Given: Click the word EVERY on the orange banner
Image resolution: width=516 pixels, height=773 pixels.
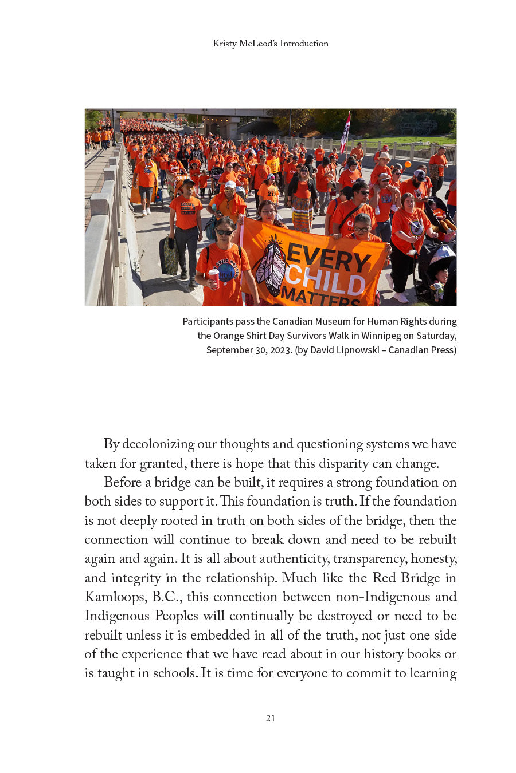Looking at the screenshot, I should [329, 258].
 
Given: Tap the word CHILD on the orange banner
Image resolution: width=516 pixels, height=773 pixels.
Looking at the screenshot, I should [326, 280].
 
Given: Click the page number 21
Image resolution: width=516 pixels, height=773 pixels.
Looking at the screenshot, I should [271, 718].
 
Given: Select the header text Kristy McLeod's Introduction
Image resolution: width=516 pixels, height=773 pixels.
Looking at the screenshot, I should [271, 44].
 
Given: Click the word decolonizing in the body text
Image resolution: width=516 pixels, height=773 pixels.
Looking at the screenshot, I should [158, 444].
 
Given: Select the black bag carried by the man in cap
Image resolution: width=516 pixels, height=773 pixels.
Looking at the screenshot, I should [169, 256].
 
